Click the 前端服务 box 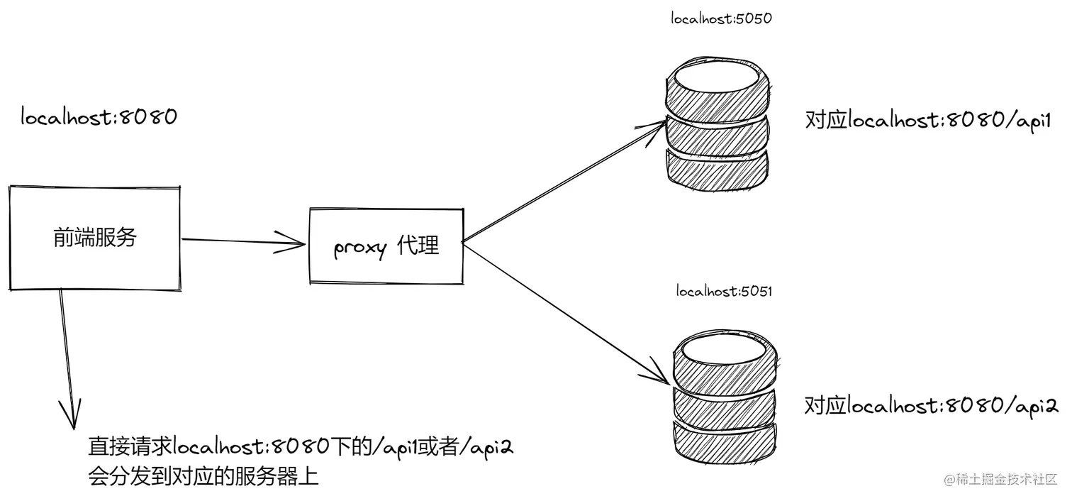coord(94,238)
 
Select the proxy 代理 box coord(386,247)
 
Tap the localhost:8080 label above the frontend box coord(99,117)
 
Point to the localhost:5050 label coord(721,19)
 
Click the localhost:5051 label coord(724,291)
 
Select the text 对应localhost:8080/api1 coord(927,120)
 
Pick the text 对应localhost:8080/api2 coord(931,406)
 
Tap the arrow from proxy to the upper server coord(560,185)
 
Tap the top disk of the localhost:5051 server coord(725,363)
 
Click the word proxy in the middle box coord(360,248)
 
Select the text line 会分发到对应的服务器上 coord(203,476)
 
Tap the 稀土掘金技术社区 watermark coord(1000,479)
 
